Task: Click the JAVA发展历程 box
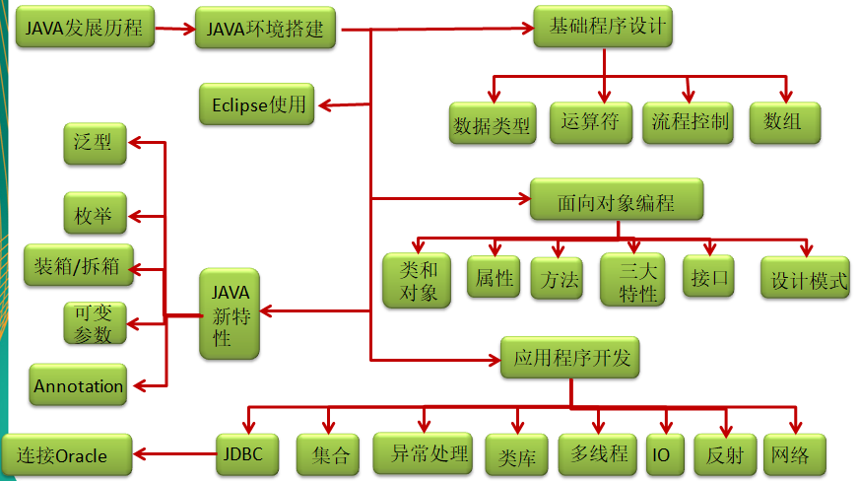84,29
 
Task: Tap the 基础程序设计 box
603,27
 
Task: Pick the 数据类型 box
492,124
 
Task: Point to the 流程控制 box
690,122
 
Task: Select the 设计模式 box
805,279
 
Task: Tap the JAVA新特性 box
230,313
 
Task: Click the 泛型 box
94,143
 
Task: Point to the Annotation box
79,385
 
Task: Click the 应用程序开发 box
570,358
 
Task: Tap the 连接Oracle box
67,455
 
